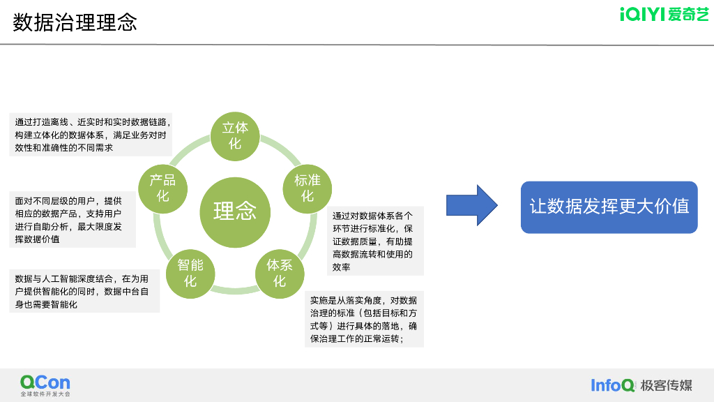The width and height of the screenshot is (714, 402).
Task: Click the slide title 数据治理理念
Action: [x=75, y=22]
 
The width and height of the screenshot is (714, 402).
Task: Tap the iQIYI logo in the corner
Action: [x=664, y=15]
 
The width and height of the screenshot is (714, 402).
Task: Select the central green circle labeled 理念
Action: [x=234, y=211]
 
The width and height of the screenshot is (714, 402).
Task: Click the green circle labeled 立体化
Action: [x=235, y=135]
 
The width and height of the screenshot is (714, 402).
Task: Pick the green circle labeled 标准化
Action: [x=307, y=188]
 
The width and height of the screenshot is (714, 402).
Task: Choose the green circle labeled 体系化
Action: [x=280, y=273]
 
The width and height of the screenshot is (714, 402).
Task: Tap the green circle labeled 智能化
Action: [x=190, y=273]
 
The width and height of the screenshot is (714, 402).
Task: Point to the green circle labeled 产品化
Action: [x=162, y=188]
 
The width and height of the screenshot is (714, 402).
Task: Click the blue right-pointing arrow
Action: [x=472, y=205]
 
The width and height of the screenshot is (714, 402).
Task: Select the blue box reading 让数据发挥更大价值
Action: [x=609, y=207]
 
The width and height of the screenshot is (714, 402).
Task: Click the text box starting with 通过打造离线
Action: [x=91, y=135]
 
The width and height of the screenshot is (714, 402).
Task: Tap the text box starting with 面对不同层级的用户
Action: [x=72, y=220]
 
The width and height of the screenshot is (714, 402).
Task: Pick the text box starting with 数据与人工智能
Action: [x=84, y=291]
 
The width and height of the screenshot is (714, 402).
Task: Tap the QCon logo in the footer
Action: [x=45, y=382]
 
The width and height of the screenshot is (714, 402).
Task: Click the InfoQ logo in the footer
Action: [x=613, y=385]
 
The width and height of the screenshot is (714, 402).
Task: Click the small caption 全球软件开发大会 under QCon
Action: [x=45, y=394]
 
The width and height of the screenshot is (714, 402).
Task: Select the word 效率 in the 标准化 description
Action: [x=342, y=267]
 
